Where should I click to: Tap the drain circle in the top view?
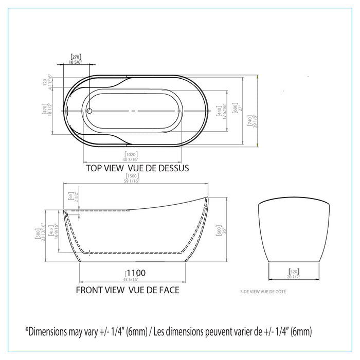point(88,111)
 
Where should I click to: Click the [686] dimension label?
point(235,109)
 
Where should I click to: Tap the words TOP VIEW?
point(104,168)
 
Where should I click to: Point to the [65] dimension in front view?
point(70,196)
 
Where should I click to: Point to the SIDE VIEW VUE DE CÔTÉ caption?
point(263,292)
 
